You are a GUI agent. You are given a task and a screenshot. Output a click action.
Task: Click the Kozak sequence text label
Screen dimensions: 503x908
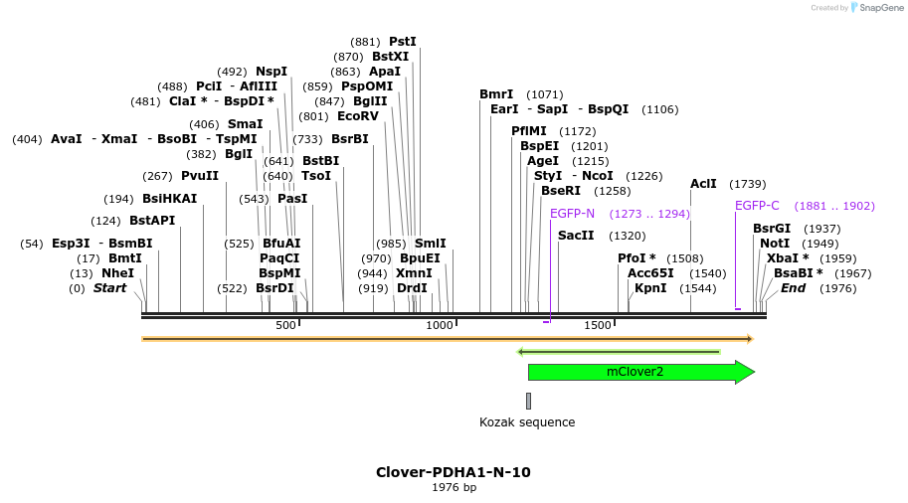click(x=527, y=422)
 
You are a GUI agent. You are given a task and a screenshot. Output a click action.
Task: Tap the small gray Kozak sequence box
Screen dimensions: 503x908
click(x=528, y=401)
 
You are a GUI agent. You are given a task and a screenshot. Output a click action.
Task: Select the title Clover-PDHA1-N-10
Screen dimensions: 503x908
click(x=453, y=472)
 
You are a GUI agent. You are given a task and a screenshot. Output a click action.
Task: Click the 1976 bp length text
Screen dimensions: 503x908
click(x=454, y=488)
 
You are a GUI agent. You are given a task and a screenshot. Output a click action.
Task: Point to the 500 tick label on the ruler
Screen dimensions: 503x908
click(x=285, y=325)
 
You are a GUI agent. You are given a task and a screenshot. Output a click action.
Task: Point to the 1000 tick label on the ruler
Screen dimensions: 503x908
click(x=439, y=325)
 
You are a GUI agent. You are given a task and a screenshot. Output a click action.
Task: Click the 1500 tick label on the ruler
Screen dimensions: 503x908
click(x=597, y=325)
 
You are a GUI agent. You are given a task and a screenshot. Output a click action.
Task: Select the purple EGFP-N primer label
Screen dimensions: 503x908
click(x=572, y=214)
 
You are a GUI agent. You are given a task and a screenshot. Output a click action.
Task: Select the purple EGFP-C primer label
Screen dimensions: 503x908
click(x=757, y=206)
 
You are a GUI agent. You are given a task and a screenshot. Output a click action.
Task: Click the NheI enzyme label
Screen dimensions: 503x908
click(x=117, y=273)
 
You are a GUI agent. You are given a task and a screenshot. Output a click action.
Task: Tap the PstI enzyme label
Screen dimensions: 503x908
click(x=403, y=42)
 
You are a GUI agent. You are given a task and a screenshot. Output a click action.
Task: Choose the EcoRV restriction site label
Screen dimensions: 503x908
click(x=358, y=116)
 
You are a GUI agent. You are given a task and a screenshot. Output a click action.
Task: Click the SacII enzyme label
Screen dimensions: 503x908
click(x=576, y=236)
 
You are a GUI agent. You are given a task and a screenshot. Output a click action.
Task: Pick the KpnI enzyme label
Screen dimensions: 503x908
click(x=650, y=288)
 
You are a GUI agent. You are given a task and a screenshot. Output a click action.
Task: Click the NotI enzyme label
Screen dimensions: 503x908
click(x=775, y=244)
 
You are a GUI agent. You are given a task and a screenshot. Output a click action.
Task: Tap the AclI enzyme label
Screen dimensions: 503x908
click(x=703, y=184)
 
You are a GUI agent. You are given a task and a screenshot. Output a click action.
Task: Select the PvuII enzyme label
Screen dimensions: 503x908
click(x=200, y=176)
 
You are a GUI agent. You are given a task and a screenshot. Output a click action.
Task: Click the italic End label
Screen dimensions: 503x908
click(x=793, y=288)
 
